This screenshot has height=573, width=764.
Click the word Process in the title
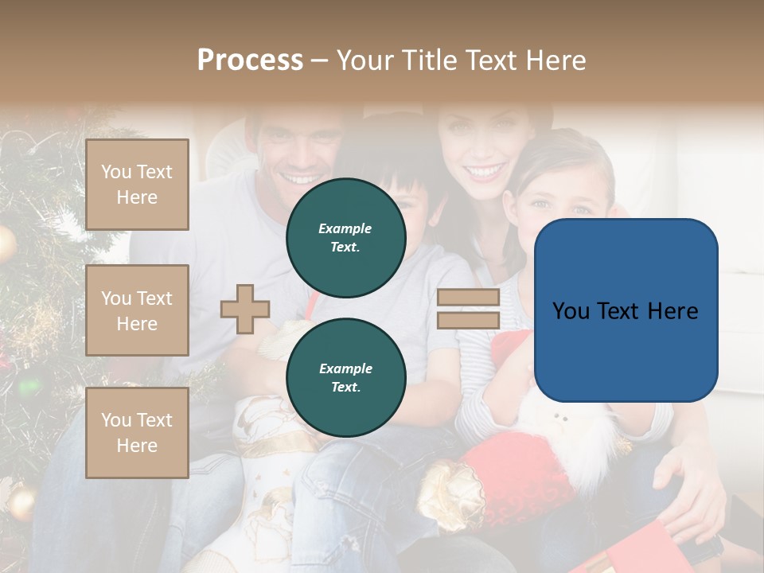pos(250,60)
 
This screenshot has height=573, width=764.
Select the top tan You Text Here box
pos(137,185)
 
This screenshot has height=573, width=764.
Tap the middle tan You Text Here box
pos(137,310)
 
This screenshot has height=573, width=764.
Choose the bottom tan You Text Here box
pos(137,433)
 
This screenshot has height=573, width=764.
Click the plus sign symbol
pos(245,309)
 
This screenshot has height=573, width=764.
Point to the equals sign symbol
pos(468,309)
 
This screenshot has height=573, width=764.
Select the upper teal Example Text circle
pos(346,237)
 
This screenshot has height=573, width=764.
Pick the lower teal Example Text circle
pos(346,377)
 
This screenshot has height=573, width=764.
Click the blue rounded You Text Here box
pos(626,310)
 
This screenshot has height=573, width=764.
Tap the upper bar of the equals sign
pos(468,298)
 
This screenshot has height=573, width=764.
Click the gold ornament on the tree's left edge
pos(6,244)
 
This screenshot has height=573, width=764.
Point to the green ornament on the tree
pos(29,387)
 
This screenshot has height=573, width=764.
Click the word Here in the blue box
pos(672,311)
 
